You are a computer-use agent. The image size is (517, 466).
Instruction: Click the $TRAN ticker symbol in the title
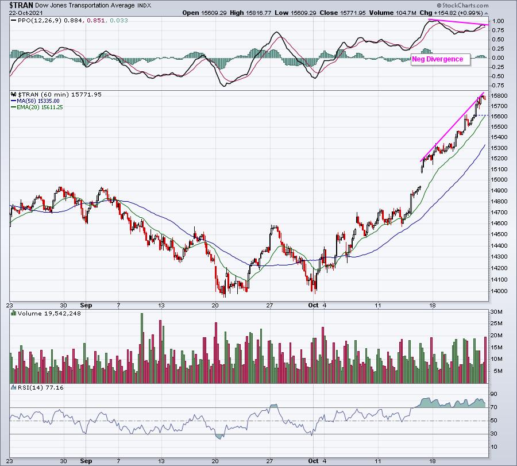(21, 5)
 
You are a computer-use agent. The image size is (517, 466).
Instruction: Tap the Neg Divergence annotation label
(437, 59)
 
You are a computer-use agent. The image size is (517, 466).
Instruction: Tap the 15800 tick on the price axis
(499, 95)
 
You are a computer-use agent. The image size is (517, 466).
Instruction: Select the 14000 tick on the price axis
(499, 291)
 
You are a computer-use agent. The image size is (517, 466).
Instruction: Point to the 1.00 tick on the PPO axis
(497, 21)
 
